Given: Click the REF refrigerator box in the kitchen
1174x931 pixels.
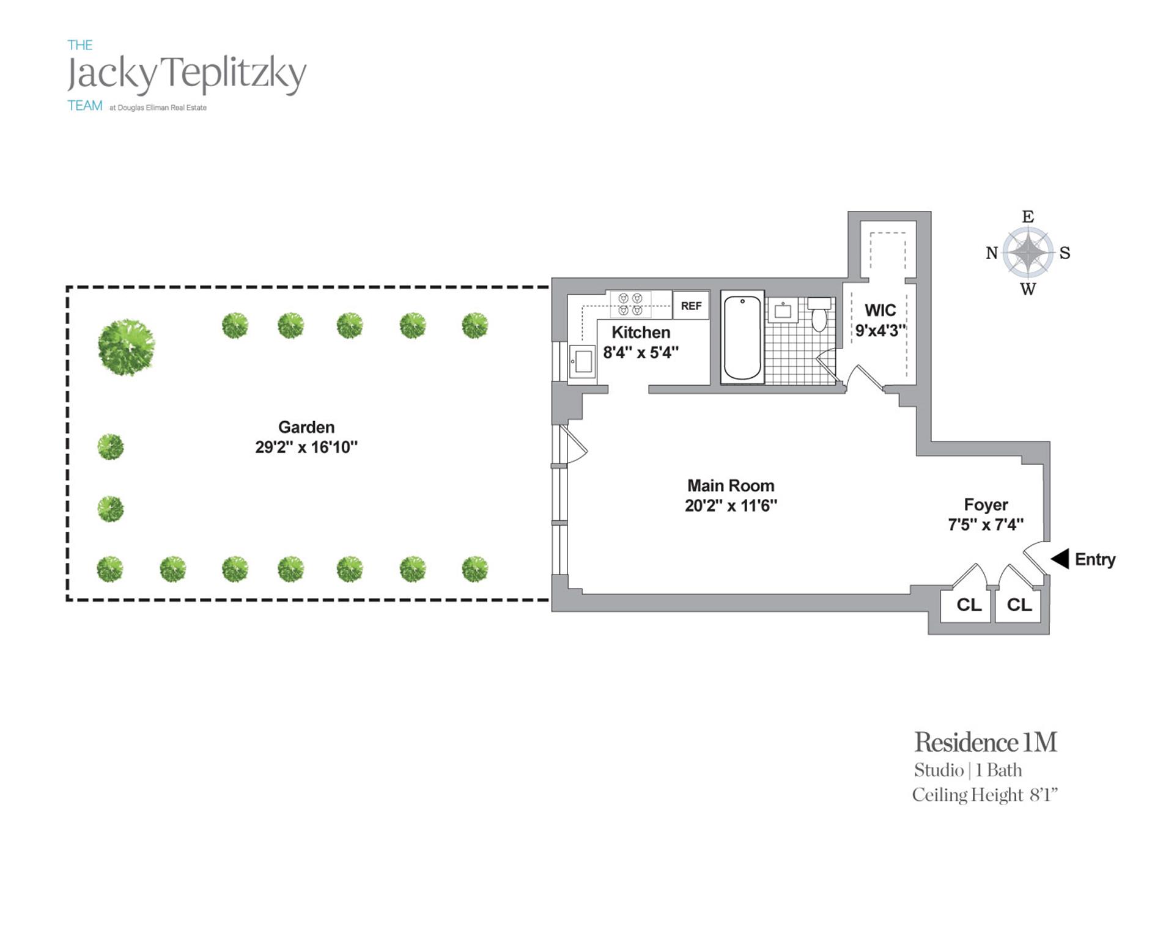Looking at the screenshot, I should point(691,306).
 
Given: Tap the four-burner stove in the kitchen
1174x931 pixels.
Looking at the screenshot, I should point(630,304).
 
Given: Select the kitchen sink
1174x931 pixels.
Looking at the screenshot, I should point(582,361).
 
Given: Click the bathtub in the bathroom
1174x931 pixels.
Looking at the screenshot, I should point(742,337).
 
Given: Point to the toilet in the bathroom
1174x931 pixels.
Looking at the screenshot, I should point(819,314).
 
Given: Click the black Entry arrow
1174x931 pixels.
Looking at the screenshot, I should point(1060,558).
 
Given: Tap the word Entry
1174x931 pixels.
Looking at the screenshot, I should point(1095,559).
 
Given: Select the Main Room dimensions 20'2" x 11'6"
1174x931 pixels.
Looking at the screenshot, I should point(731,506).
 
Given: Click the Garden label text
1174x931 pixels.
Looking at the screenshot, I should point(306,427).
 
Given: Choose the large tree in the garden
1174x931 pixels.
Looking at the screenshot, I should point(127,347).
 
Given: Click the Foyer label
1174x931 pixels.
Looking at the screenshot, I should point(986,504).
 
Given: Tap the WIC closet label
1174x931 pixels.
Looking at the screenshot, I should point(880,310).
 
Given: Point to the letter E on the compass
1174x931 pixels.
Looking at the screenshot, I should point(1028,217).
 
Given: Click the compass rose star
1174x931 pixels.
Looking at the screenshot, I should point(1028,252).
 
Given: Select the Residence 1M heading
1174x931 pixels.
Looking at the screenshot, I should point(986,742).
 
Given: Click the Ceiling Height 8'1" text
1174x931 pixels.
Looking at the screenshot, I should point(984,795).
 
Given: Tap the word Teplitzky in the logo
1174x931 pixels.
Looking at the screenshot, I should point(236,75).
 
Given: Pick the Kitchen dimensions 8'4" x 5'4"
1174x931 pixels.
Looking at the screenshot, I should point(641,352).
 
